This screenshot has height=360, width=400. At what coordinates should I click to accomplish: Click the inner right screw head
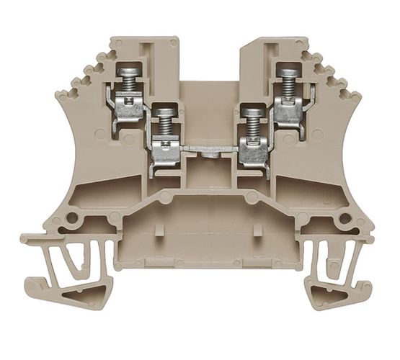251,111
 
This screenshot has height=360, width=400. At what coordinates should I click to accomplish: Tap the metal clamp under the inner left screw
163,150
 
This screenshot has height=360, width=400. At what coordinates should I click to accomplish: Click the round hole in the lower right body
346,218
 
